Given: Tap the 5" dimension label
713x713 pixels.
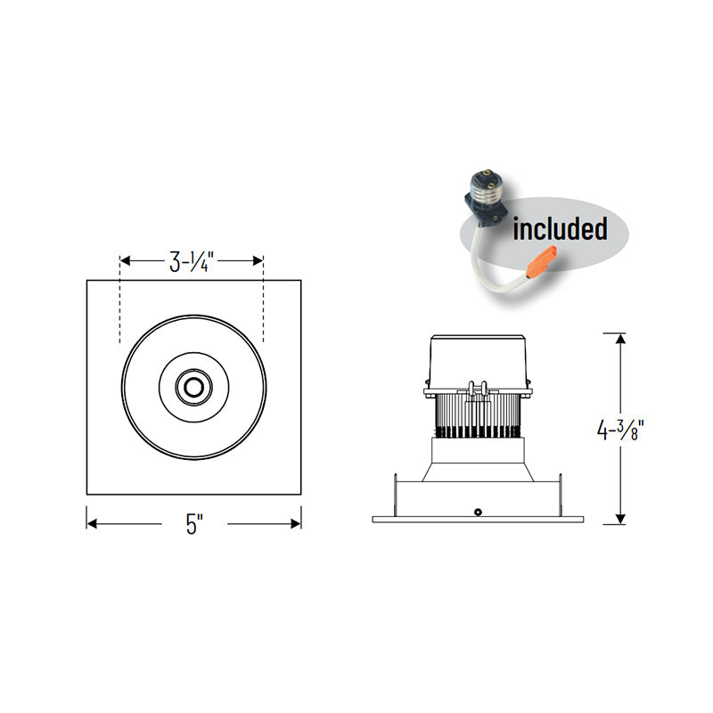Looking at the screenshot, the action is [194, 524].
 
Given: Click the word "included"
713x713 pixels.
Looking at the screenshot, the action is [560, 228].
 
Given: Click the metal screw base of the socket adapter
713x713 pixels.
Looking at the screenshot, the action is [487, 186].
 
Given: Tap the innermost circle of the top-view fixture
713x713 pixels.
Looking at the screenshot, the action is [194, 388].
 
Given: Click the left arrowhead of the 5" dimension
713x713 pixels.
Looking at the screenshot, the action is [92, 524].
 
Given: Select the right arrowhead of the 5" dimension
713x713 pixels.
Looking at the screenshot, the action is [296, 524].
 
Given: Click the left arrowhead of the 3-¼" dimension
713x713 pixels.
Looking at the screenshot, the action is [125, 260].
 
